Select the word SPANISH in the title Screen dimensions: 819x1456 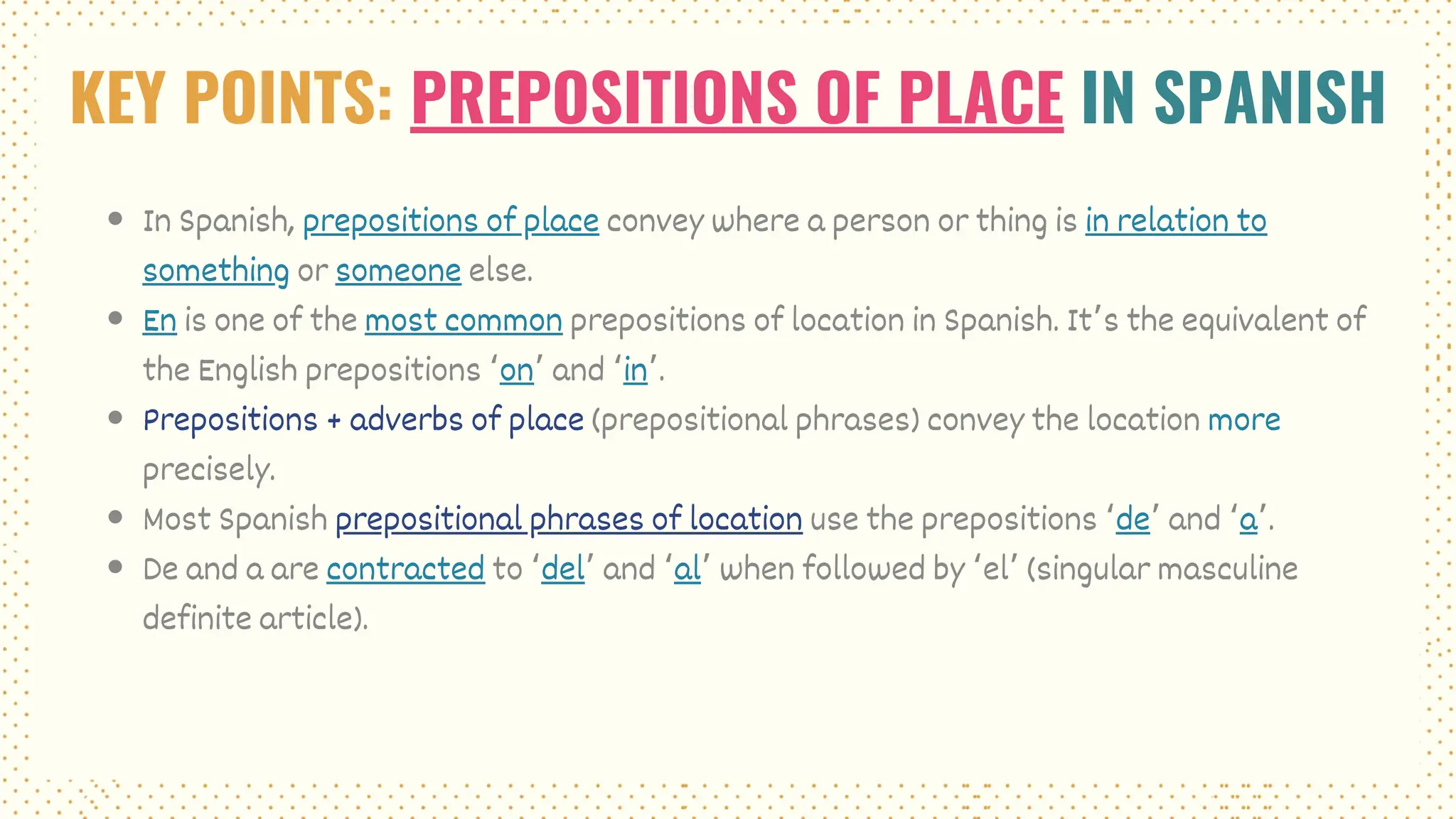tap(1269, 97)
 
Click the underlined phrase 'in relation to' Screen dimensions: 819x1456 tap(1175, 221)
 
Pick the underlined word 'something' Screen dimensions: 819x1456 tap(215, 271)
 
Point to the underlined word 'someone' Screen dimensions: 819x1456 tap(398, 271)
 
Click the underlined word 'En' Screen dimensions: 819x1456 tap(159, 321)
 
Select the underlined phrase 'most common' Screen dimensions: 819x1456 tap(464, 321)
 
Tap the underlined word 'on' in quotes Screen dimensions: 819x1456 tap(516, 370)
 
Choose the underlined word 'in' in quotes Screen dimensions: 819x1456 tap(635, 370)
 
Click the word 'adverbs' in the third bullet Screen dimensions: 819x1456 tap(406, 420)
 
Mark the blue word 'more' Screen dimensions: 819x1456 tap(1244, 420)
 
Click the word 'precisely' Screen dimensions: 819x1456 tap(208, 470)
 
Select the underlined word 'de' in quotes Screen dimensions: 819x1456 tap(1133, 520)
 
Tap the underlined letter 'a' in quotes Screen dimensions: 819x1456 tap(1248, 520)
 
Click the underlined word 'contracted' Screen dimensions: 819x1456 tap(405, 569)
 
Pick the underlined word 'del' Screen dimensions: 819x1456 tap(562, 569)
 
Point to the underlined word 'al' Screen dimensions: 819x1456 tap(687, 569)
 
